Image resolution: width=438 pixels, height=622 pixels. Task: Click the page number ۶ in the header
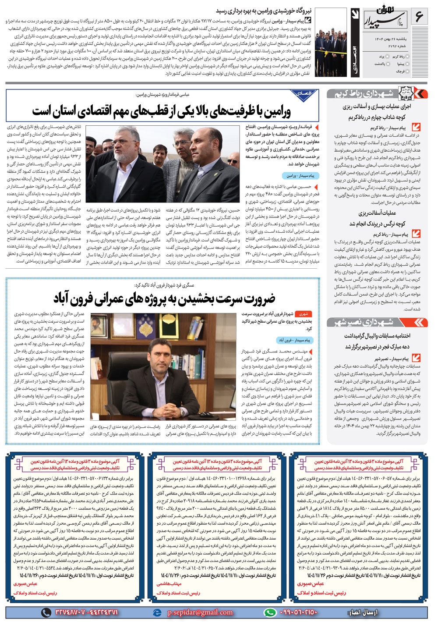click(419, 17)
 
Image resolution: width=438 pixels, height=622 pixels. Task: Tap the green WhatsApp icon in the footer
click(271, 612)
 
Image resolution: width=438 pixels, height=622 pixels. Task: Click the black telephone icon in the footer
click(46, 612)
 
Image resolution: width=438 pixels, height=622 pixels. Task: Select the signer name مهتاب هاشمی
click(169, 584)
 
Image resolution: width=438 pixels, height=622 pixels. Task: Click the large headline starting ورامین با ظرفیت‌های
click(161, 111)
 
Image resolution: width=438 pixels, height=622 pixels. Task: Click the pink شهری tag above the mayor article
click(304, 314)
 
